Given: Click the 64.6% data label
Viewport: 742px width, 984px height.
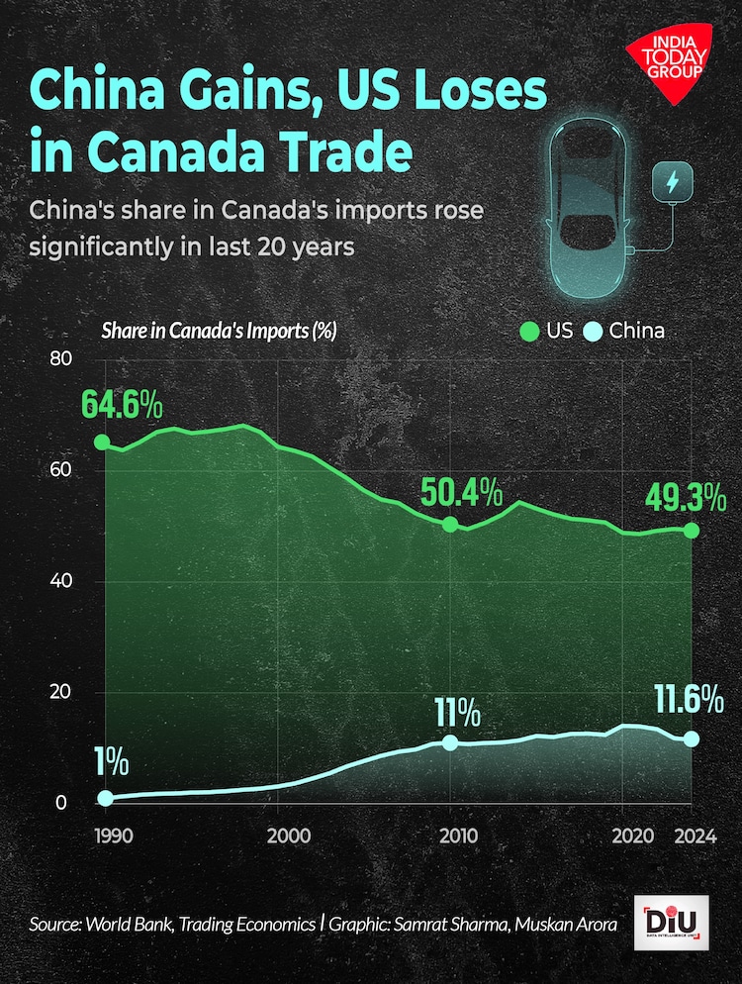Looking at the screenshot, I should (123, 405).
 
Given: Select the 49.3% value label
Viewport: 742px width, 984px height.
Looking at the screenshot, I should (685, 496).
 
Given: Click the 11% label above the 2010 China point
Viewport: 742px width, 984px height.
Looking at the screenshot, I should (456, 712).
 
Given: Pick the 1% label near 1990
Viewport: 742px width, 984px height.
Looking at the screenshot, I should (112, 762).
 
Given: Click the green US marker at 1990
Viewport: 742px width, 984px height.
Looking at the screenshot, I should (101, 442).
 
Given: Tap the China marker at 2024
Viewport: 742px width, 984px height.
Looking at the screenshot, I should (692, 738).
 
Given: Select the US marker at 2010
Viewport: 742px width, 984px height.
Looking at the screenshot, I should (450, 524).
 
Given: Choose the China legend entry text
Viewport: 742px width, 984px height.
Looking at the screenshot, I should (636, 330).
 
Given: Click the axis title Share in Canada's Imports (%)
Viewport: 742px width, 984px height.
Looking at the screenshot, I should (219, 330).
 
